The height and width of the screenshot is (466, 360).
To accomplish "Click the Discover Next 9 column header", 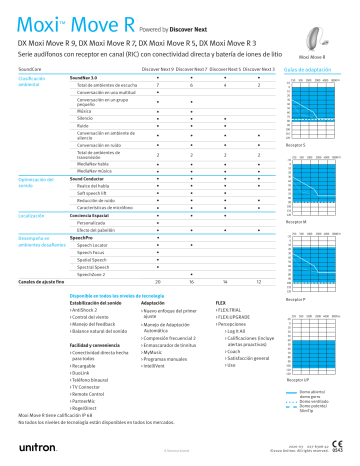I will [158, 70].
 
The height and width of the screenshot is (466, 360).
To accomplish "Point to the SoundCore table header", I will [32, 70].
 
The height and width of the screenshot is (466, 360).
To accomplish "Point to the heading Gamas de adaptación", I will [309, 70].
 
